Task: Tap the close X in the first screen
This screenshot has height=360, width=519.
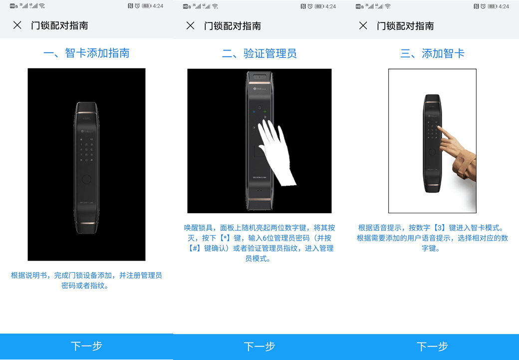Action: tap(17, 25)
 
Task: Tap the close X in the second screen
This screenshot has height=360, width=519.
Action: tap(190, 25)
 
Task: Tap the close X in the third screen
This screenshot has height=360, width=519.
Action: tap(363, 25)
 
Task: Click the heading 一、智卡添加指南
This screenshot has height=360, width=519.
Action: tap(86, 53)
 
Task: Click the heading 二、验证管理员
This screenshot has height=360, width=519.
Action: tap(259, 53)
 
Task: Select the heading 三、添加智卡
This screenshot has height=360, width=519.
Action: tap(432, 53)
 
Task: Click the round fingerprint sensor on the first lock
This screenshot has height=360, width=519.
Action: tap(86, 179)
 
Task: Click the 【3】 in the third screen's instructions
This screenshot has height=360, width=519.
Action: tap(440, 228)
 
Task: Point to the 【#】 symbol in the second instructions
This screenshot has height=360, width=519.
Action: tap(195, 248)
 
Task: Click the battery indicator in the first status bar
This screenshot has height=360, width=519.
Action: tap(147, 6)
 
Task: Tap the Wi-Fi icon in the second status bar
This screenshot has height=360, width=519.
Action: tap(215, 6)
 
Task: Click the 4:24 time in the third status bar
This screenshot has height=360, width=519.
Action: tap(504, 6)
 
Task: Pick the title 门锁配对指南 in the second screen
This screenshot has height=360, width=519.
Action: tap(233, 26)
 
